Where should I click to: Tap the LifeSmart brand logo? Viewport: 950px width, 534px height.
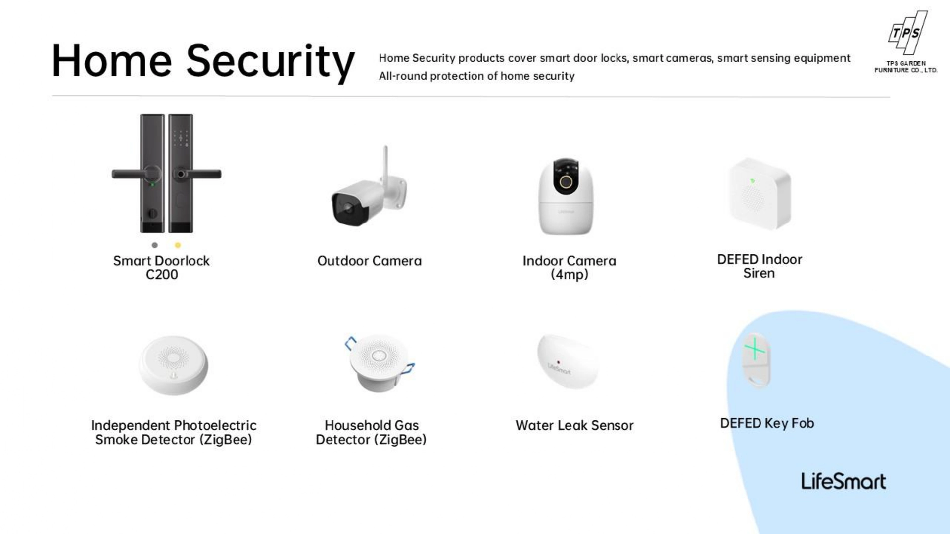843,481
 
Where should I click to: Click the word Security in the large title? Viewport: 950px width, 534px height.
270,62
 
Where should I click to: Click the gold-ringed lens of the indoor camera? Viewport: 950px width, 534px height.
566,182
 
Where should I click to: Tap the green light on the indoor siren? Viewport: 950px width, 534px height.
752,181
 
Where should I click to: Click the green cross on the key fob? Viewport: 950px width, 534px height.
755,350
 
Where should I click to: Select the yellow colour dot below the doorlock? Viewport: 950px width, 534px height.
178,245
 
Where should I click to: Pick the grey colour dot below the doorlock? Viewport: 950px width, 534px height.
155,245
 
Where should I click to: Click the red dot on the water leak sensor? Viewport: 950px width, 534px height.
558,362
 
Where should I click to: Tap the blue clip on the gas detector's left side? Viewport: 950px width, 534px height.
350,343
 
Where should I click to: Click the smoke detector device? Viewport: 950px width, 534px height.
173,365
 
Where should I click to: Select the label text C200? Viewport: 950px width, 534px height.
162,275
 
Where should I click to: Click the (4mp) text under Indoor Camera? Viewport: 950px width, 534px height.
570,275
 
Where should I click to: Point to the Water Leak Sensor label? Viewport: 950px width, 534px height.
574,425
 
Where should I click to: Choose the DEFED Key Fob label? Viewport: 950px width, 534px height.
767,423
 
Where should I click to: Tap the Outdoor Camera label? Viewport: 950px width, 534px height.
370,261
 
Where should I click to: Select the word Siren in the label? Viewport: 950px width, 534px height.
759,273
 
